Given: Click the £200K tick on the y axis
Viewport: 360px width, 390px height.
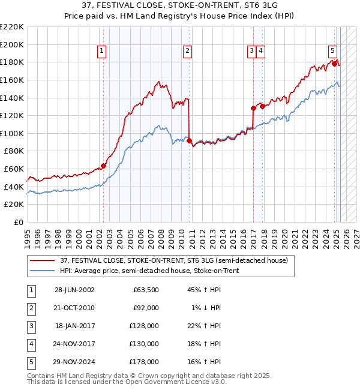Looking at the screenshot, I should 12,44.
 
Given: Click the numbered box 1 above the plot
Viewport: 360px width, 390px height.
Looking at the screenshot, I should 103,52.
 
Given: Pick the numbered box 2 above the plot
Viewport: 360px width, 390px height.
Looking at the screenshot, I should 188,52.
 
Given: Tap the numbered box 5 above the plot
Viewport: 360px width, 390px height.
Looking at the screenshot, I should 332,52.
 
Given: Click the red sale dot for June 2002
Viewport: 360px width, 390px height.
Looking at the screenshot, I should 103,166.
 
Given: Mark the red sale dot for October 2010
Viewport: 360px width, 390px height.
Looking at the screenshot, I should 189,140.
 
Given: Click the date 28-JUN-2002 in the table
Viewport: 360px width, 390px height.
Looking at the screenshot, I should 74,290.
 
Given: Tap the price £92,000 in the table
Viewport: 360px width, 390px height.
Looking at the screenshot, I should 146,308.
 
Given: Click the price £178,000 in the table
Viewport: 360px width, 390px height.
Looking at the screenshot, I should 144,362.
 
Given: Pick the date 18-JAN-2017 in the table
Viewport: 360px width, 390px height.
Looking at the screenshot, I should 74,326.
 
